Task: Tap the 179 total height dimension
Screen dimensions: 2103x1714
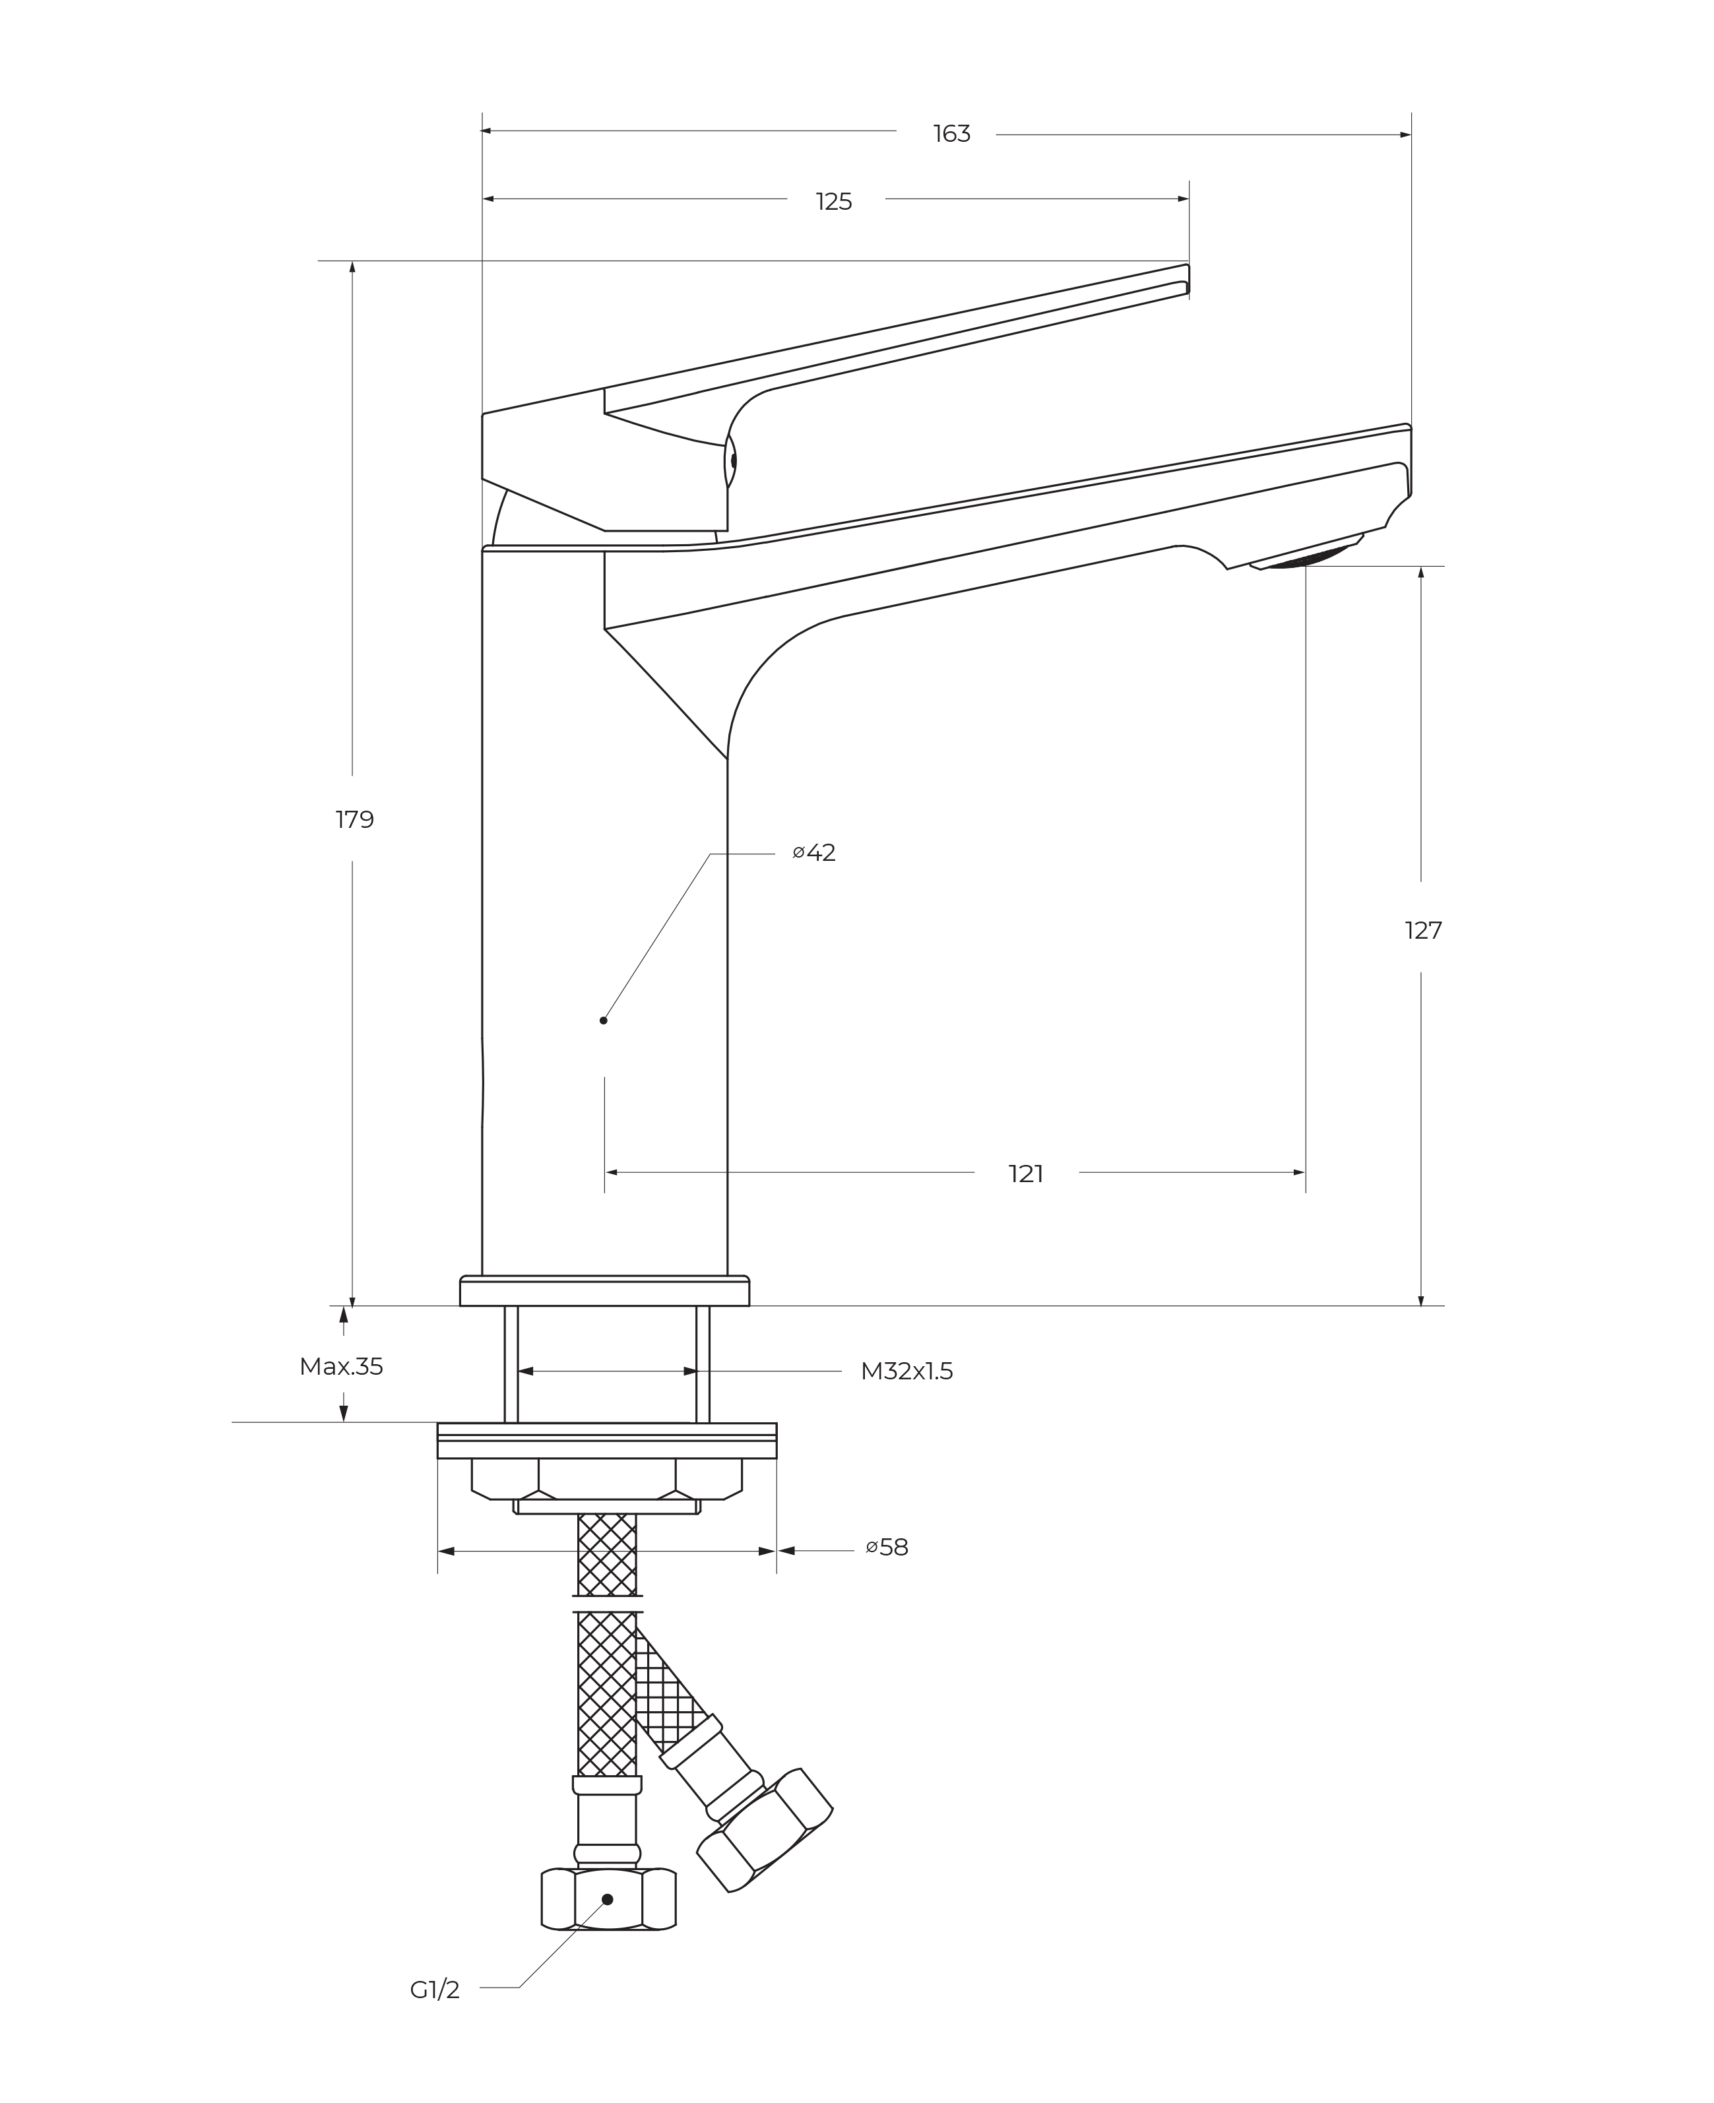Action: (x=354, y=819)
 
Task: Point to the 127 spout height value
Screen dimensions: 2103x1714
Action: (x=1423, y=930)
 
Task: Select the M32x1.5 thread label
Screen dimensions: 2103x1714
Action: (x=906, y=1371)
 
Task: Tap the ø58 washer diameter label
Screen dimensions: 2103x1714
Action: (x=887, y=1547)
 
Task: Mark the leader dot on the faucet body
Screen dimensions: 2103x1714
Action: (x=603, y=1020)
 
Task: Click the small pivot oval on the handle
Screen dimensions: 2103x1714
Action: (x=732, y=460)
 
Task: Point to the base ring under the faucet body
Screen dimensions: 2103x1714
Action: (x=604, y=1292)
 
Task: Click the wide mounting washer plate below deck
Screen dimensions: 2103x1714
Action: (x=606, y=1441)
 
